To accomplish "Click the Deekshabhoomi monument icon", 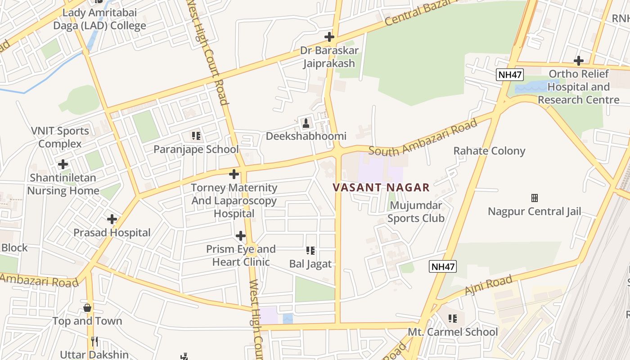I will tap(306, 123).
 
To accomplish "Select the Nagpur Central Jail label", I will tap(534, 211).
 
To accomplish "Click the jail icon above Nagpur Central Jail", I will tap(534, 198).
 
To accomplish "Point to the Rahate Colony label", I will tap(489, 151).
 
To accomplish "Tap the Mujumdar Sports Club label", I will tap(416, 212).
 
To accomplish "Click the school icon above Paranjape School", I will tap(196, 135).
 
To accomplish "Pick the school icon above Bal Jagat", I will tap(310, 250).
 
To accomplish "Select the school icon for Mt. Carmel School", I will tap(453, 319).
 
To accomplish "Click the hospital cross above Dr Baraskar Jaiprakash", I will tap(329, 36).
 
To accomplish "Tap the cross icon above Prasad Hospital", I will tap(112, 219).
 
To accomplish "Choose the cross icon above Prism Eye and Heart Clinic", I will tap(241, 236).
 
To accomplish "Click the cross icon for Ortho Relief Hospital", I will tap(579, 60).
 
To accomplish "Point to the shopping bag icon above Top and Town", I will tap(87, 308).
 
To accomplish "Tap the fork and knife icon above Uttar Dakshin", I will tap(94, 342).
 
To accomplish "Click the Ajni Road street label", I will tap(488, 286).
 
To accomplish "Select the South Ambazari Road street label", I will tap(423, 137).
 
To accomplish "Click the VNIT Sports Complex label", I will tap(60, 137).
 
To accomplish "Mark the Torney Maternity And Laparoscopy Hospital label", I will tap(234, 200).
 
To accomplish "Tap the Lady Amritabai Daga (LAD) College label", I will tap(99, 19).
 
